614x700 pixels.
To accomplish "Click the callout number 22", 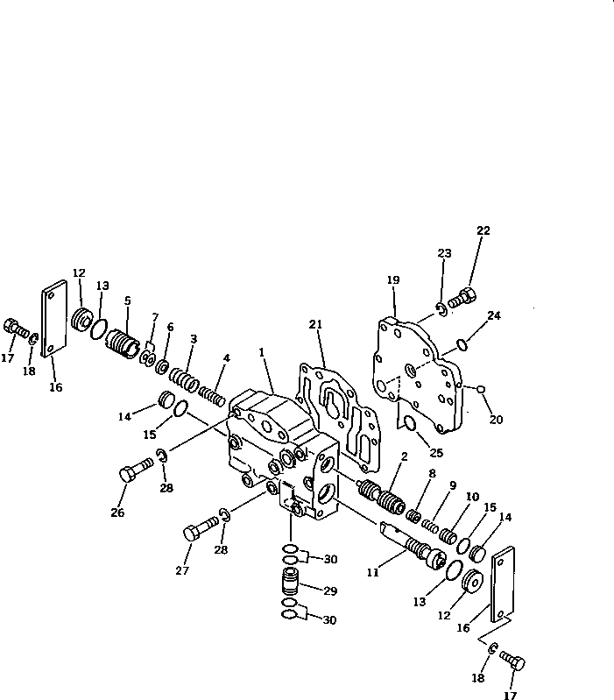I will click(483, 230).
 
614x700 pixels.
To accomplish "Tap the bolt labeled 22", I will click(462, 301).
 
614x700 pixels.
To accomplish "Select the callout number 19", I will click(393, 280).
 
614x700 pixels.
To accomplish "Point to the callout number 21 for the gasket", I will click(316, 325).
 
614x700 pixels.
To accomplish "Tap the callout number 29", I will click(330, 590).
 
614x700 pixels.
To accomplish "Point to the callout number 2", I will click(404, 456).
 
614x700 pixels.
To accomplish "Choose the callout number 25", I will click(435, 453).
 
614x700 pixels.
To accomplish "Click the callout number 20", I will click(496, 420).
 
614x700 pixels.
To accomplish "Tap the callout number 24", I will click(495, 316).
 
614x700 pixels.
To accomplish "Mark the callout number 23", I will click(444, 253).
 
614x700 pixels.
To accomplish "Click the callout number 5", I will click(127, 300).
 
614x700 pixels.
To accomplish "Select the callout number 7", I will click(155, 316).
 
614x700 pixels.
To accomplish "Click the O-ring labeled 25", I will click(409, 426).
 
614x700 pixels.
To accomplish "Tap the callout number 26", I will click(117, 513).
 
